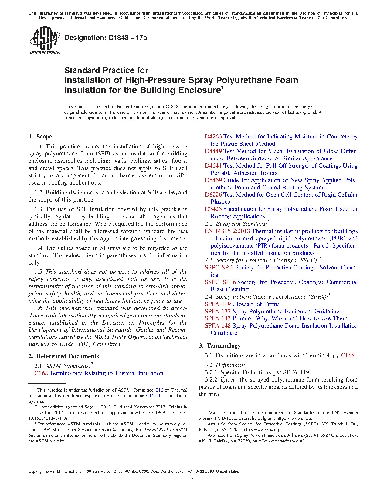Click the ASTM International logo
pyautogui.click(x=45, y=40)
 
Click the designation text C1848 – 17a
pyautogui.click(x=106, y=38)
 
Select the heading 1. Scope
pyautogui.click(x=40, y=137)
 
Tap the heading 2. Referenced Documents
pyautogui.click(x=64, y=356)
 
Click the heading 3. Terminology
pyautogui.click(x=220, y=346)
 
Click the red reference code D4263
pyautogui.click(x=213, y=137)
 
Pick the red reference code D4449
pyautogui.click(x=213, y=151)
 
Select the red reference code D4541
pyautogui.click(x=213, y=166)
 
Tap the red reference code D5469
pyautogui.click(x=213, y=180)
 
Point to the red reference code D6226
pyautogui.click(x=213, y=195)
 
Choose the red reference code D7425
pyautogui.click(x=213, y=209)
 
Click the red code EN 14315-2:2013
pyautogui.click(x=227, y=231)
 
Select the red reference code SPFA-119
pyautogui.click(x=218, y=304)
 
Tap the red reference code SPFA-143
pyautogui.click(x=218, y=318)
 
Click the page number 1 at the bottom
pyautogui.click(x=193, y=480)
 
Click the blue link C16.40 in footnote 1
pyautogui.click(x=153, y=395)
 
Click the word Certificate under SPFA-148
pyautogui.click(x=224, y=333)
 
